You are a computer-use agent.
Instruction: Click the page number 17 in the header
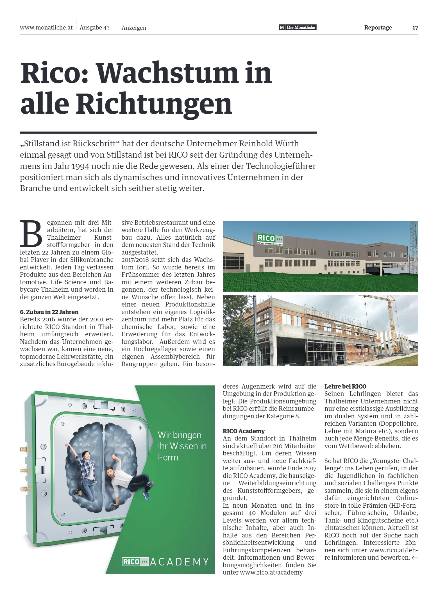coord(415,28)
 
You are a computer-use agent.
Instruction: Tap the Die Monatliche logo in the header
coord(298,28)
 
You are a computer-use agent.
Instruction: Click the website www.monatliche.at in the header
coord(46,28)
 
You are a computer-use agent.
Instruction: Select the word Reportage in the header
coord(378,28)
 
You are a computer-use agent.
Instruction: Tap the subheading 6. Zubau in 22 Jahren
coord(49,312)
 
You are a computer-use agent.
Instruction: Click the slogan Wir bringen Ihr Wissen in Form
coord(182,446)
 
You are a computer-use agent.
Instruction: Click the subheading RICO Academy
coord(244,431)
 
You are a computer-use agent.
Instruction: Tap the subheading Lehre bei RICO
coord(345,386)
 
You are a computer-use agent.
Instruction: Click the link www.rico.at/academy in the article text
coord(271,572)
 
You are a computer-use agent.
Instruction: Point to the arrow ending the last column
coord(415,557)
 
